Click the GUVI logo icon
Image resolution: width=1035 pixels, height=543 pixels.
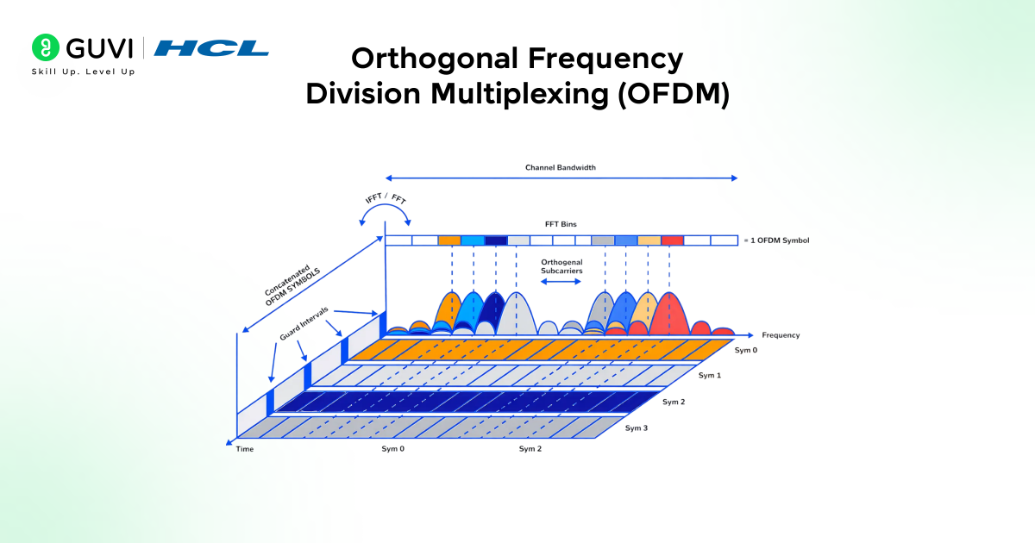click(45, 47)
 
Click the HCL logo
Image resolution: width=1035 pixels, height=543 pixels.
click(211, 48)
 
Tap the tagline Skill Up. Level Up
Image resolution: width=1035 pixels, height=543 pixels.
click(83, 72)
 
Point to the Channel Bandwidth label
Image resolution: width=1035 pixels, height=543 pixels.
click(561, 167)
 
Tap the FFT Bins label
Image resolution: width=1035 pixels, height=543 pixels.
click(561, 224)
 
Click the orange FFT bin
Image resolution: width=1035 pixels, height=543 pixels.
click(449, 240)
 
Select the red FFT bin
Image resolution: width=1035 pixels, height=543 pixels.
click(673, 240)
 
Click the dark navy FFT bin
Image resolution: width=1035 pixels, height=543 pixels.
click(496, 240)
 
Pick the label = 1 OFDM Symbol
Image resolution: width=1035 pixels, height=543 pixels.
click(776, 240)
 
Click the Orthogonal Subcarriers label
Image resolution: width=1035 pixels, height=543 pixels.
click(561, 266)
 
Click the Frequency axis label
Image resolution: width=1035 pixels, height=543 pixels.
click(781, 335)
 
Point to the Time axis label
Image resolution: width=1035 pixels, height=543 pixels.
click(245, 449)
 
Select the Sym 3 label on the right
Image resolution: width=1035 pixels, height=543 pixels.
click(636, 428)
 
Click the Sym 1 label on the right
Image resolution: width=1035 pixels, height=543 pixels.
click(709, 376)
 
